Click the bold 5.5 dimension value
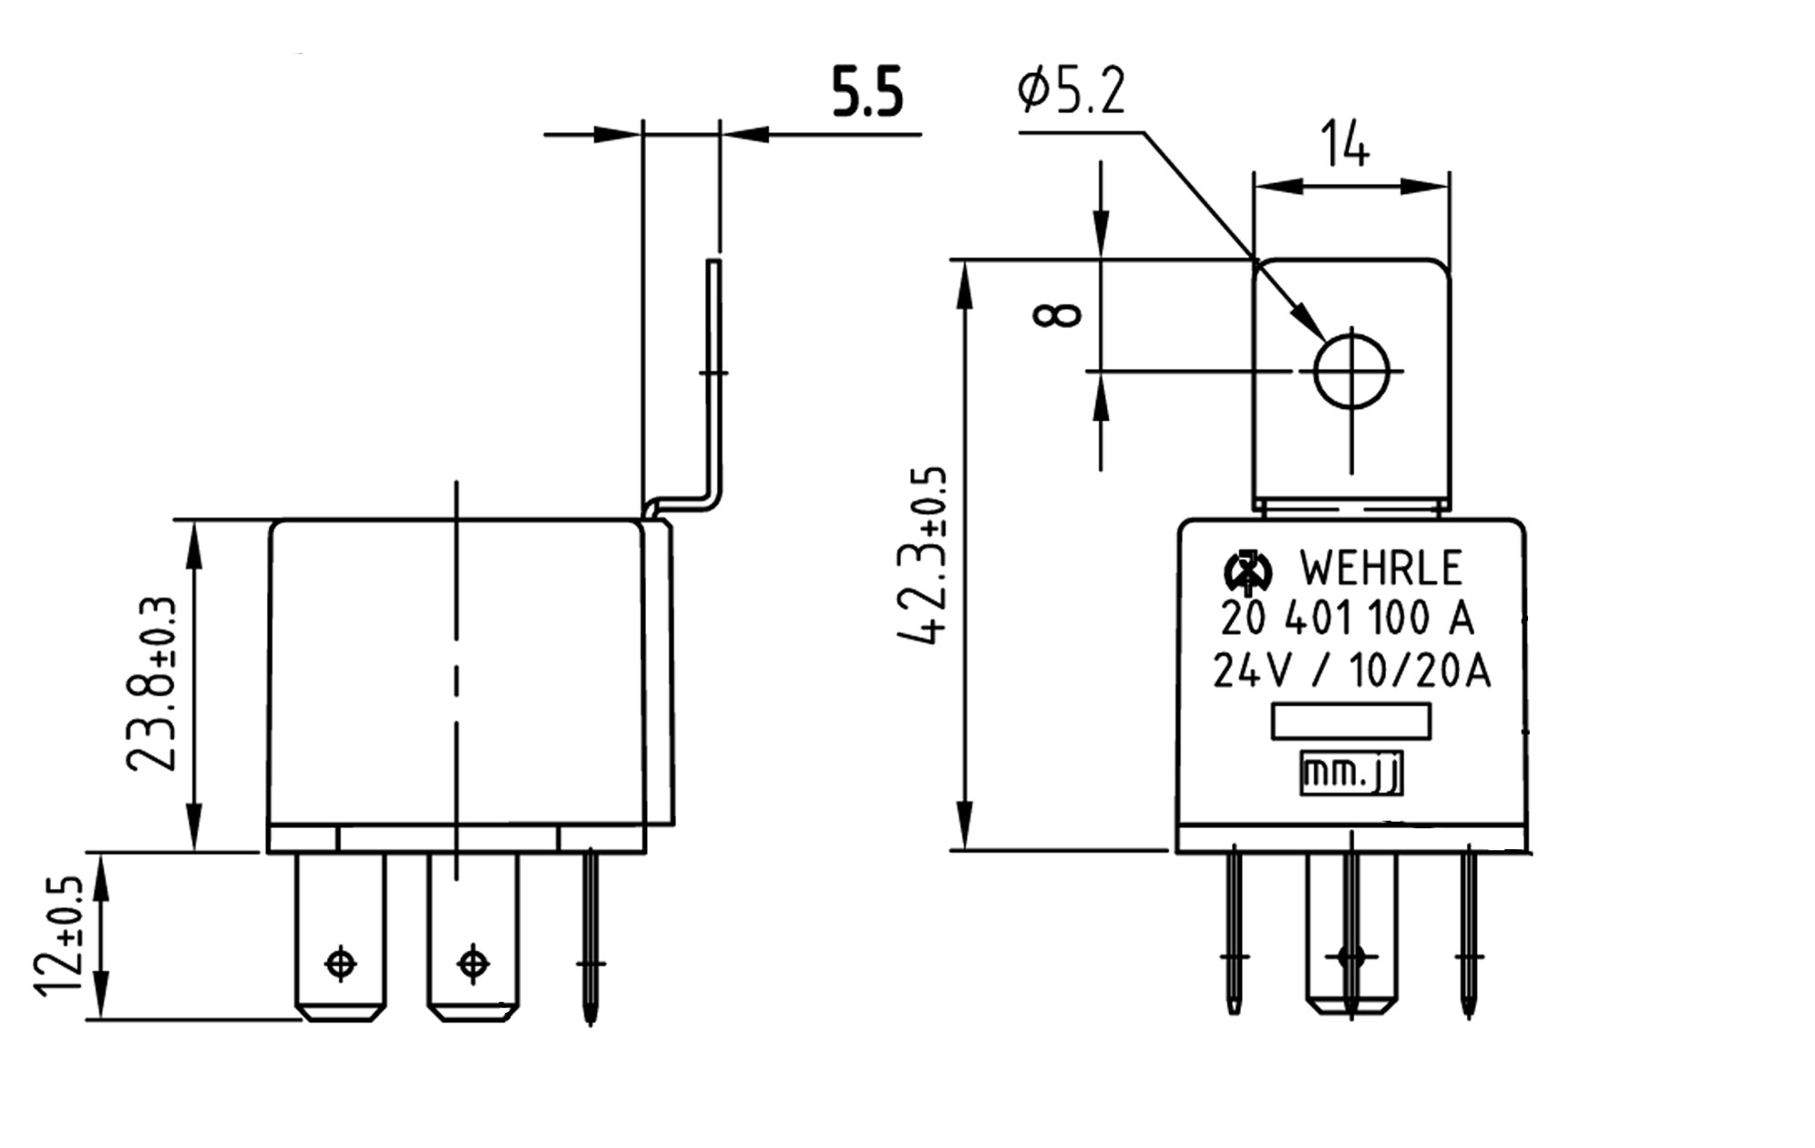(x=866, y=92)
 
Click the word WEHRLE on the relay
(x=1379, y=569)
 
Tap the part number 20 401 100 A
(x=1347, y=620)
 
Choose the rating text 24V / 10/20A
(x=1350, y=672)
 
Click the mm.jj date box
(x=1350, y=774)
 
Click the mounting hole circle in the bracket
(x=1351, y=371)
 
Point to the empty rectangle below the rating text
(x=1350, y=722)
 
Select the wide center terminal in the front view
(x=1350, y=934)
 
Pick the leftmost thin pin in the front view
(x=1234, y=934)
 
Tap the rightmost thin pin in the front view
(x=1468, y=934)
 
